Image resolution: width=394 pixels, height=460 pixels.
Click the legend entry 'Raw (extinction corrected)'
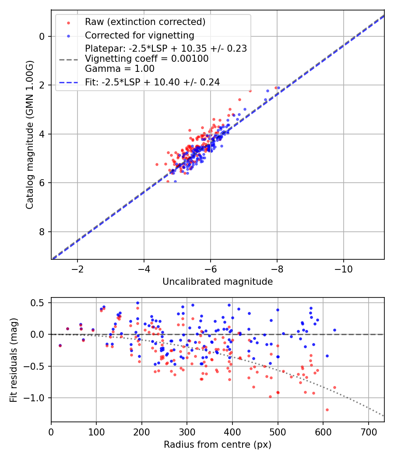click(x=145, y=21)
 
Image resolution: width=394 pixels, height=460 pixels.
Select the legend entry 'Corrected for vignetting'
click(x=139, y=35)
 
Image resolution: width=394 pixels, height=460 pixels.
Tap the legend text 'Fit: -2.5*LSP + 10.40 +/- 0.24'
click(x=152, y=82)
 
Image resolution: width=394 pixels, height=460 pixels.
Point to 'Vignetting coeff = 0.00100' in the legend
click(x=147, y=59)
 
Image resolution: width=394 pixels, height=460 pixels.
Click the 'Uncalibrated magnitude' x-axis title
click(x=218, y=282)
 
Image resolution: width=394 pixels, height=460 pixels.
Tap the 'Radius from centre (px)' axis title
click(x=218, y=445)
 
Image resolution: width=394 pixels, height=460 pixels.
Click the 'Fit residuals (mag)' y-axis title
click(x=14, y=360)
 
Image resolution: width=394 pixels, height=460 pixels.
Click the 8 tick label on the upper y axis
click(x=42, y=232)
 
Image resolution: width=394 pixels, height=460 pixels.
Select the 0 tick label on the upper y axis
click(x=42, y=36)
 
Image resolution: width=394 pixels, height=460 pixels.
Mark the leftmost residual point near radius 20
click(x=60, y=346)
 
